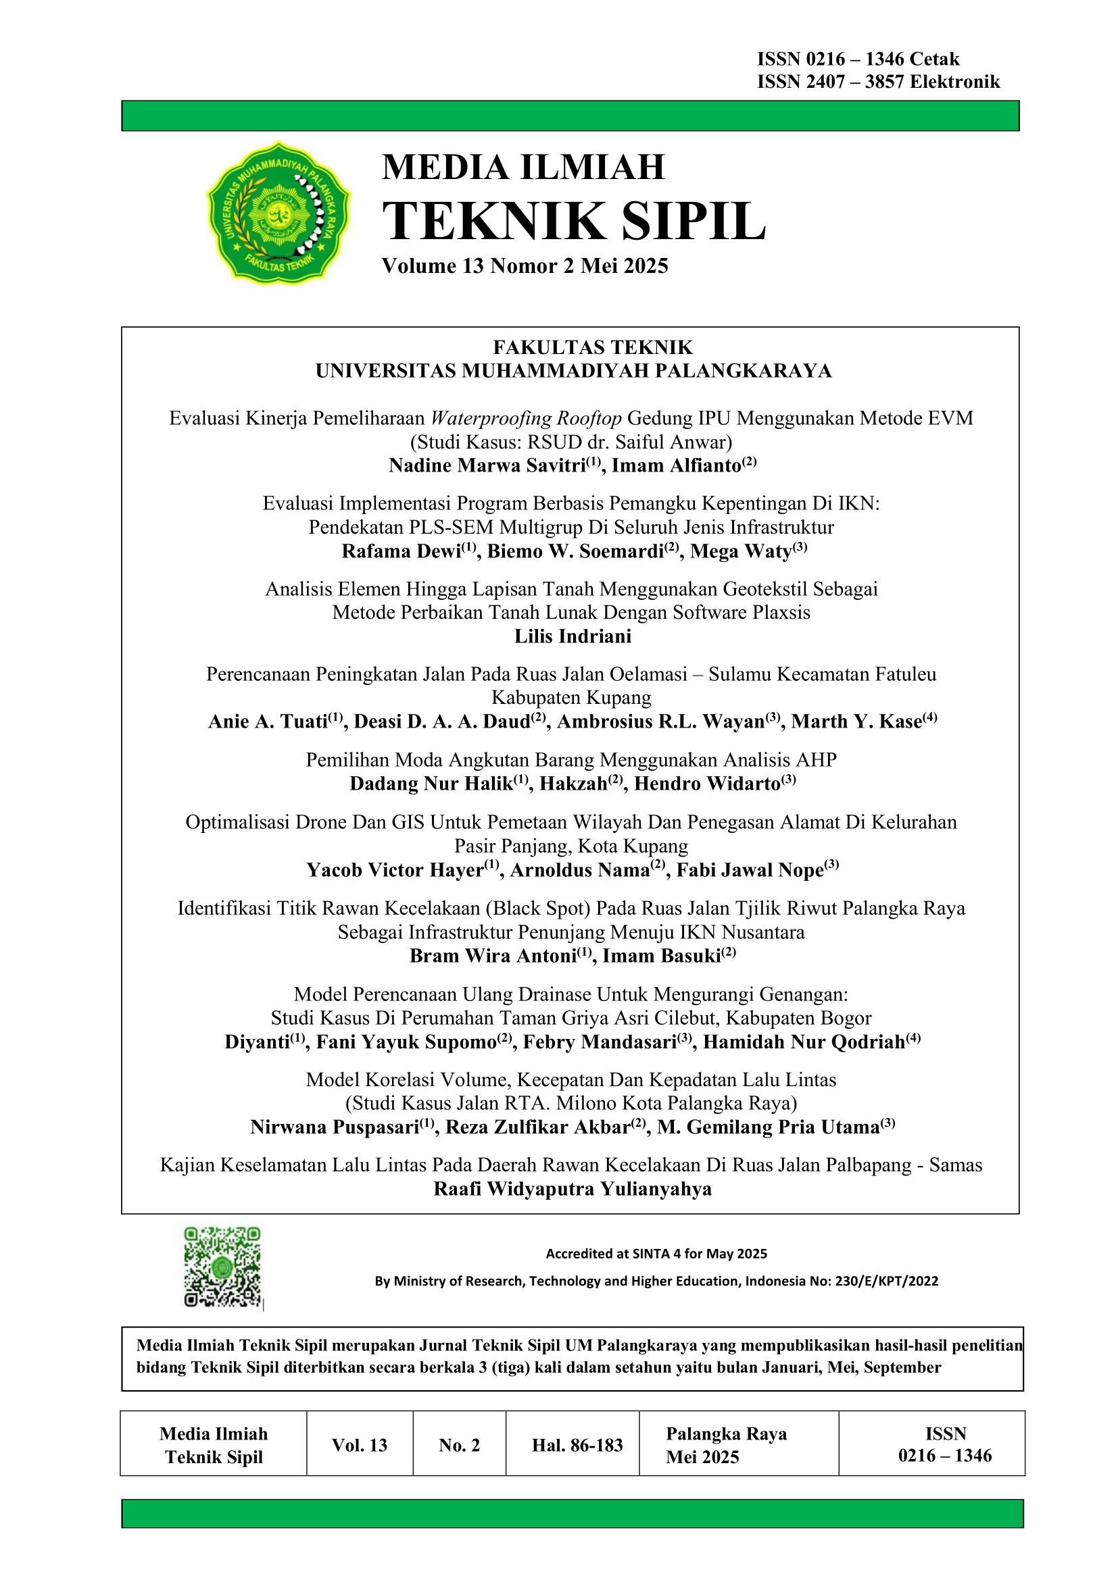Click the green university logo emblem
278,213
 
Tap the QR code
222,1266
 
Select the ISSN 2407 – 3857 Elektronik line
878,82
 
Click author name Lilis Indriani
573,636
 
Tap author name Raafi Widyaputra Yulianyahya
573,1189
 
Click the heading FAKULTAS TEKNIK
593,347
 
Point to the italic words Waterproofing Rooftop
527,418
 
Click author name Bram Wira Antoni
493,956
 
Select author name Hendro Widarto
707,784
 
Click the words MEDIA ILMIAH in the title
523,168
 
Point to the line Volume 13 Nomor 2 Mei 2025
525,266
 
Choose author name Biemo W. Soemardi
575,552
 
